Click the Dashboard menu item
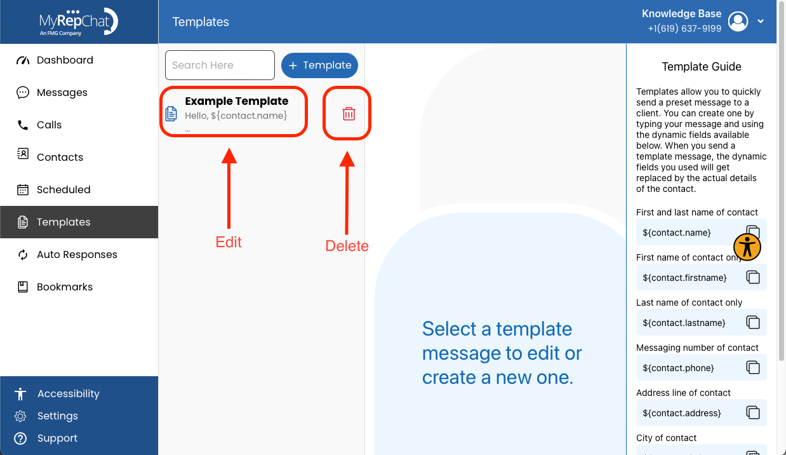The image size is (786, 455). coord(55,60)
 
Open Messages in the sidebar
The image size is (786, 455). coord(52,92)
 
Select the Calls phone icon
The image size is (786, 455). coord(23,125)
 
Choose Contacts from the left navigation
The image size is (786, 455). coord(50,157)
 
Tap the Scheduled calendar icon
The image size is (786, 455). coord(23,189)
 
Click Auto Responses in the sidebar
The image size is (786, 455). coord(67,255)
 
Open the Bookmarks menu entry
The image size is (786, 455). coord(55,287)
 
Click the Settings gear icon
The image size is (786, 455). coord(20,416)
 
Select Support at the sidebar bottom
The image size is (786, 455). coord(46,438)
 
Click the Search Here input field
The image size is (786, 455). coord(220,65)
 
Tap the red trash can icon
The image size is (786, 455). coord(349,114)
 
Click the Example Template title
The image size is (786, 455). coord(237,101)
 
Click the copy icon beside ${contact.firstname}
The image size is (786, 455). coord(753,277)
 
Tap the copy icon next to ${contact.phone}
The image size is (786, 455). coord(753,367)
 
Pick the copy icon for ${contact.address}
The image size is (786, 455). coord(753,412)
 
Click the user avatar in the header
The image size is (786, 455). coord(738,22)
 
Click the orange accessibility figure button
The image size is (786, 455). coord(747,247)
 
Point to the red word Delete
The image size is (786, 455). coord(347,246)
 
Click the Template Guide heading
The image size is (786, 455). coord(702,66)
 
